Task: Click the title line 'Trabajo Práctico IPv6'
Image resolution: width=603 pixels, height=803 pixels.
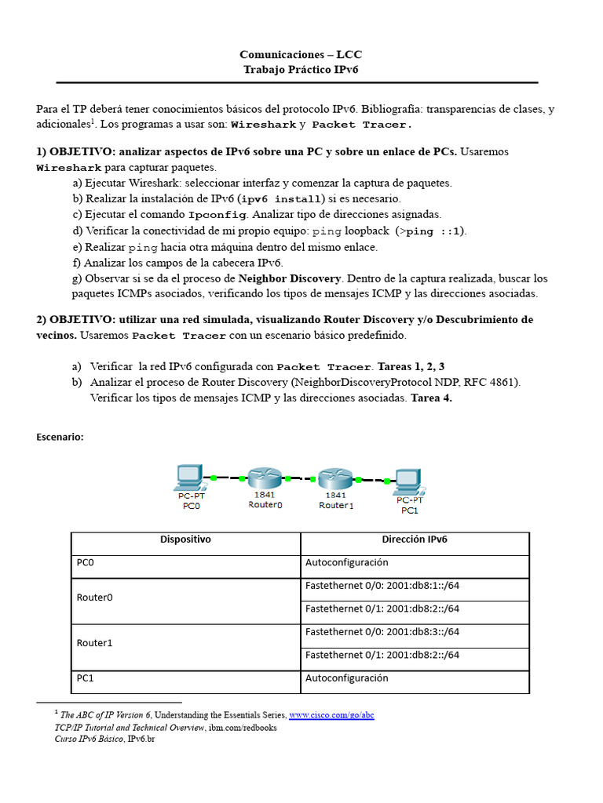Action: [x=301, y=69]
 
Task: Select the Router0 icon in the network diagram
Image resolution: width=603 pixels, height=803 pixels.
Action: [x=265, y=478]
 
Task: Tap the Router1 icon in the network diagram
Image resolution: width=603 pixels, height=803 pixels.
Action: [x=335, y=478]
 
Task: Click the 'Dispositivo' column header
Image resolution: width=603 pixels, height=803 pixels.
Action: [x=185, y=540]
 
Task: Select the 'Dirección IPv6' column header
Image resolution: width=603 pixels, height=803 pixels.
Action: [x=415, y=540]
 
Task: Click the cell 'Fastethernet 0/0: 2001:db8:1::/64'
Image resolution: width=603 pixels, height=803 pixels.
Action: [x=382, y=585]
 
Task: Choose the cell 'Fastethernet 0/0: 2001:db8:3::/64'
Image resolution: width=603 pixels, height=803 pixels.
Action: [x=382, y=631]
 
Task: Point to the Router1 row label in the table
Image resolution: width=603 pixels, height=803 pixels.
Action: [x=95, y=643]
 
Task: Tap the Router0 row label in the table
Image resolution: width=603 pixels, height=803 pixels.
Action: [x=95, y=597]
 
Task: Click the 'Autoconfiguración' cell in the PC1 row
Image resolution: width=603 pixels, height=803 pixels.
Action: [x=346, y=678]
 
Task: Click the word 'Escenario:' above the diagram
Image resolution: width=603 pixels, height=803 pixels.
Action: [x=60, y=438]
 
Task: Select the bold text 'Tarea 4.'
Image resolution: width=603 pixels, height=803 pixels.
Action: [x=431, y=398]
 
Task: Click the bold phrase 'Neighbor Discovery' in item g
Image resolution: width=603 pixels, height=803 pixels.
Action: [x=290, y=278]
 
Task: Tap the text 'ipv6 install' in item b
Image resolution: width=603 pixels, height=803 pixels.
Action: [x=282, y=199]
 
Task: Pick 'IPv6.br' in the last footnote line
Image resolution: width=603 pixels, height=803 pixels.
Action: [x=141, y=739]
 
